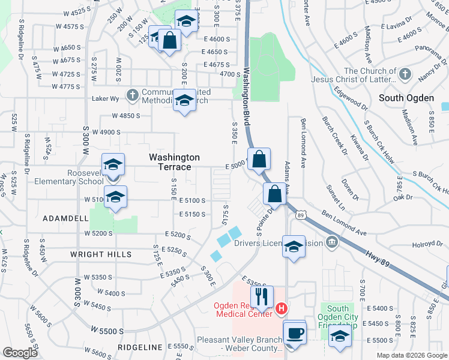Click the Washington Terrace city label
pyautogui.click(x=174, y=161)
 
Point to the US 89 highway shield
pyautogui.click(x=301, y=214)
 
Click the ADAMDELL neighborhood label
pyautogui.click(x=65, y=220)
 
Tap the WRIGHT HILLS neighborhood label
pyautogui.click(x=101, y=254)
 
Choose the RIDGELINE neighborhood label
pyautogui.click(x=140, y=347)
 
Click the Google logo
pyautogui.click(x=20, y=353)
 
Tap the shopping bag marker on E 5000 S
pyautogui.click(x=259, y=160)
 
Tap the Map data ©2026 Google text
pyautogui.click(x=411, y=355)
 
